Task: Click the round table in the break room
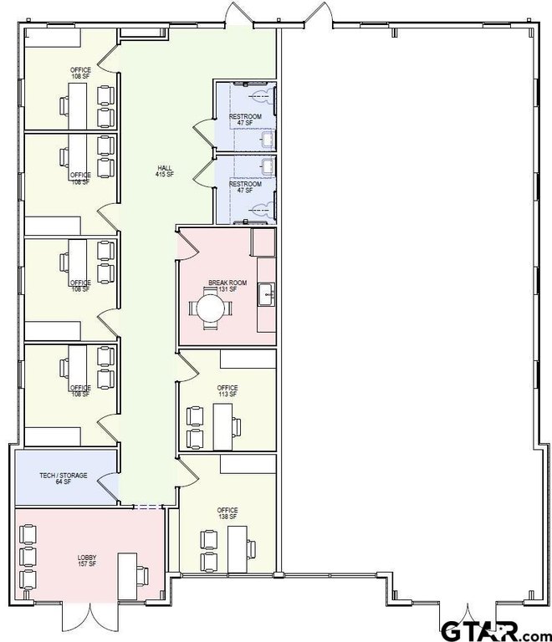click(211, 308)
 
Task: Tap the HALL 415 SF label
click(164, 171)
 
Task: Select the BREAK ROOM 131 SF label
click(227, 287)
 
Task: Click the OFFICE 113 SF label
click(227, 391)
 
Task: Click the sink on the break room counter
click(267, 293)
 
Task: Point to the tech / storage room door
click(106, 486)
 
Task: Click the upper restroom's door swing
click(203, 130)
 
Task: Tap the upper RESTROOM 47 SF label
click(245, 119)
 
